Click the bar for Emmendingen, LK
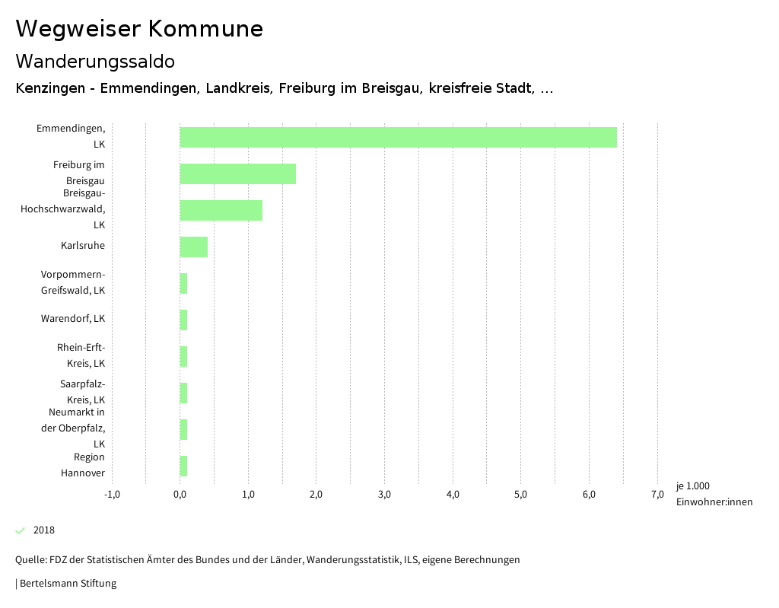point(398,137)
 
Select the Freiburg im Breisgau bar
point(237,173)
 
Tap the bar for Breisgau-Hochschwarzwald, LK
point(221,210)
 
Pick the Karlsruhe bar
point(193,247)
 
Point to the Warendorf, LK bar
point(183,320)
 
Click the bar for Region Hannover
point(183,466)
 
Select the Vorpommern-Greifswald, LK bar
point(183,283)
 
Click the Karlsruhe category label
point(83,246)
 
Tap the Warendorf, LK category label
point(73,319)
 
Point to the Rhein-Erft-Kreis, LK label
point(81,355)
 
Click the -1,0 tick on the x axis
point(112,495)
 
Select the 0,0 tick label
point(180,495)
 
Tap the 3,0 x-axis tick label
point(385,495)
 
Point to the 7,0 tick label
point(657,495)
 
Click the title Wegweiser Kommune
point(139,29)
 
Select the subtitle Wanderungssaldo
point(95,61)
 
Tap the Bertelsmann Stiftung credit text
point(67,584)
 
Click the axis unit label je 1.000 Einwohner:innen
point(714,494)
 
